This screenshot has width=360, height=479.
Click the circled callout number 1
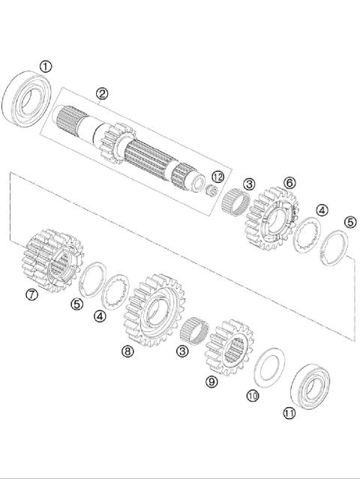coord(46,67)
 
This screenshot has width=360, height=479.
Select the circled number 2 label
coord(103,94)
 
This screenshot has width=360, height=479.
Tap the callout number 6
coord(289,182)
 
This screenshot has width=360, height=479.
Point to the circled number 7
coord(32,295)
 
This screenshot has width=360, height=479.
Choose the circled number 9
coord(212,382)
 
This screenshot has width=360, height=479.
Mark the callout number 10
coord(252,395)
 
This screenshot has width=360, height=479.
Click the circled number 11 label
coord(289,412)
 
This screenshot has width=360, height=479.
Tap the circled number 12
coord(218,176)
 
